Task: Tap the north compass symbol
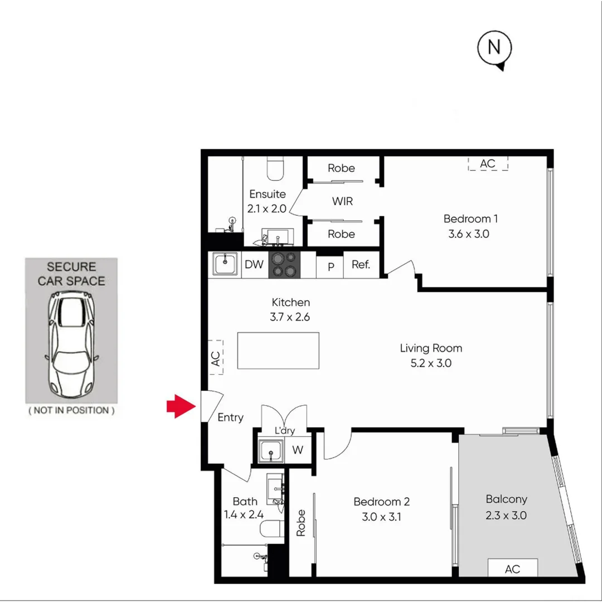click(x=494, y=49)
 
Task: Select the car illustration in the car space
click(x=71, y=346)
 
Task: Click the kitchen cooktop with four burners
click(x=284, y=265)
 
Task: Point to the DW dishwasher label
click(x=254, y=265)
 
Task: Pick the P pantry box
click(x=331, y=267)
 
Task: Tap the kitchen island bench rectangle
click(x=278, y=351)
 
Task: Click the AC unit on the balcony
click(x=512, y=568)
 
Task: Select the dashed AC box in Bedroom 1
click(x=488, y=163)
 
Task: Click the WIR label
click(x=342, y=201)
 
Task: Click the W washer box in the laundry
click(x=298, y=450)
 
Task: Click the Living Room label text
click(x=431, y=348)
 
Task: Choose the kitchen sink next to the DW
click(x=225, y=265)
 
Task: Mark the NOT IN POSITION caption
click(x=71, y=410)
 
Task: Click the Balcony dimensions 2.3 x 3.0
click(x=506, y=515)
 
